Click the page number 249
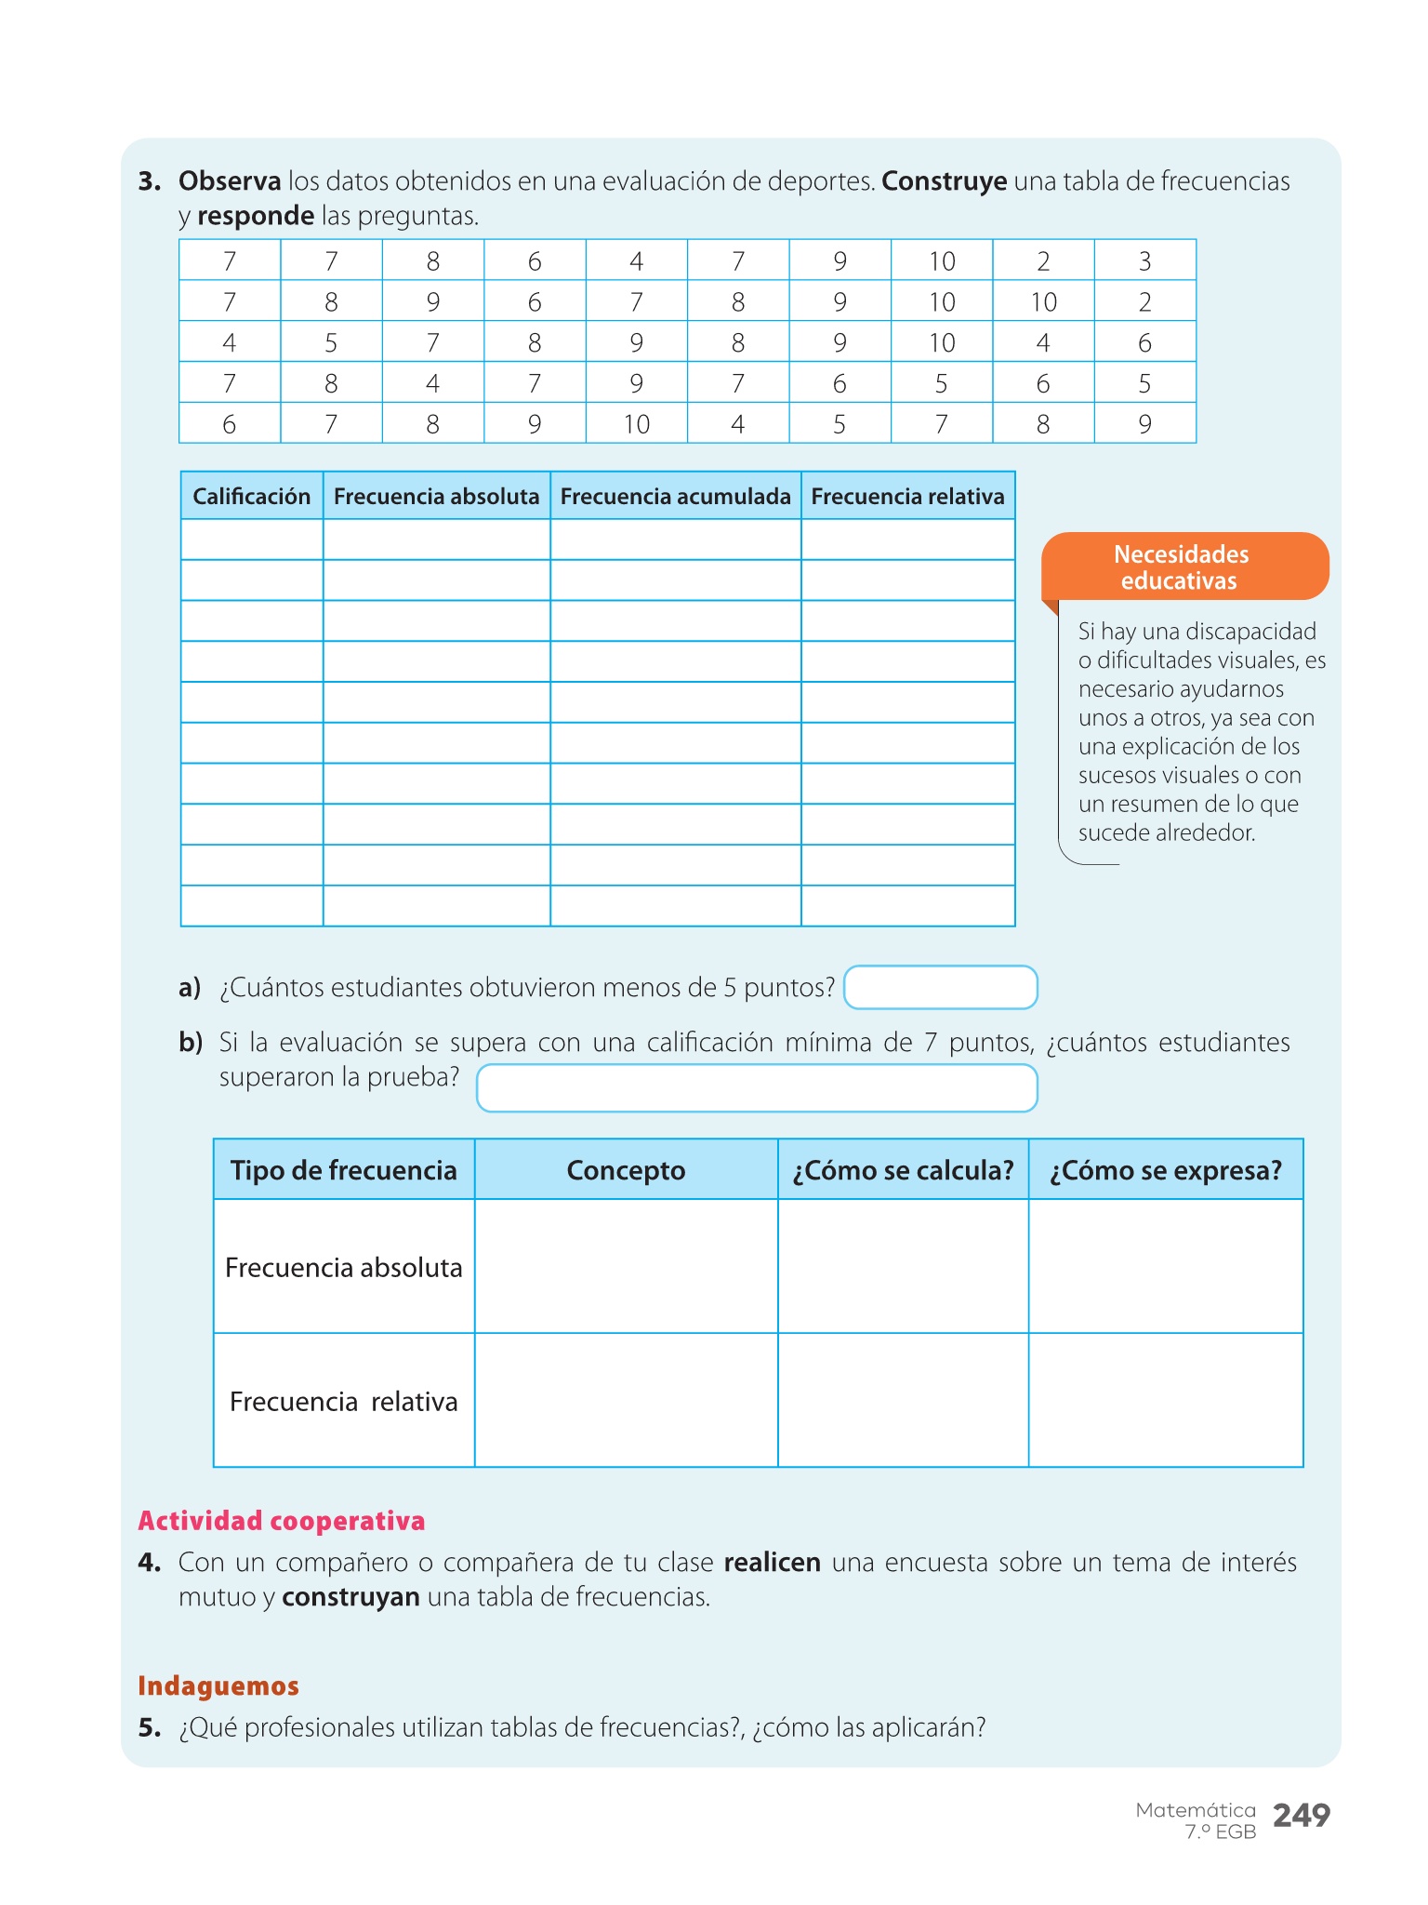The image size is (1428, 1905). [1301, 1815]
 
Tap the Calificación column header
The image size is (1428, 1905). [251, 496]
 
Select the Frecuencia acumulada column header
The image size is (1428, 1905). [675, 496]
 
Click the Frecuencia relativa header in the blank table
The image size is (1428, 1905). [907, 496]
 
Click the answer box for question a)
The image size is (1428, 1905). [940, 987]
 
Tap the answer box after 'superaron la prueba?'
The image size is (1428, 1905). [756, 1087]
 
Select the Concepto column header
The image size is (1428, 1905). [626, 1170]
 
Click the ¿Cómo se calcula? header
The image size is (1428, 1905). [903, 1170]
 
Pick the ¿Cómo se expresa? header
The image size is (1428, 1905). [1165, 1170]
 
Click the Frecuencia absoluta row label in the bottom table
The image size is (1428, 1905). [343, 1268]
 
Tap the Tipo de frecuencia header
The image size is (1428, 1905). [343, 1170]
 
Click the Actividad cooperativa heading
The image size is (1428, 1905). [281, 1521]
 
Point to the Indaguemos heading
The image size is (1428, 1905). [218, 1685]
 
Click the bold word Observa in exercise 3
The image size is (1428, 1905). [230, 180]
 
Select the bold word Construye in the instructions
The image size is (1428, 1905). [944, 180]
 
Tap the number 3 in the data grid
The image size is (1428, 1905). [1144, 261]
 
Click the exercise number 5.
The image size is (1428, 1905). [149, 1727]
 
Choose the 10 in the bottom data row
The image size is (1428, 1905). [636, 424]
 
